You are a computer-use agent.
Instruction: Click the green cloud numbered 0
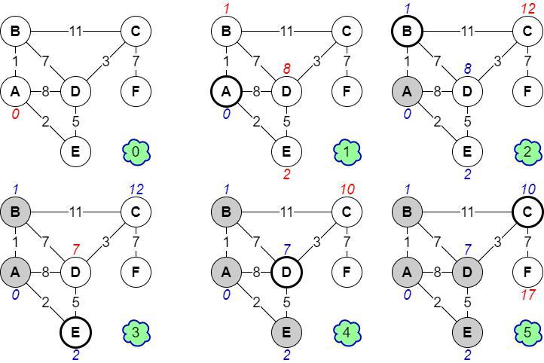tap(136, 152)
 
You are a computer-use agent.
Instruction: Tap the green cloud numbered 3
tap(136, 331)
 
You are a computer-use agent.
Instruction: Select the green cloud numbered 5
tap(527, 331)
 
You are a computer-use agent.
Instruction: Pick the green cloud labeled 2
tap(527, 152)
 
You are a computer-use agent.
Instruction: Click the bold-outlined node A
tap(225, 92)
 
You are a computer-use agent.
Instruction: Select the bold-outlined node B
tap(407, 32)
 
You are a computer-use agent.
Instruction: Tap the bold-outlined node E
tap(75, 331)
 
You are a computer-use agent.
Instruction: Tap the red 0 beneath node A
tap(14, 114)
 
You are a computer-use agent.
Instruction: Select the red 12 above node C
tap(527, 8)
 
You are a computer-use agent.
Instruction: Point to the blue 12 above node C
tap(136, 188)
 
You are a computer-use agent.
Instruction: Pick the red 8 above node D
tap(286, 69)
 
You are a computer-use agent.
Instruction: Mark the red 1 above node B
tap(225, 8)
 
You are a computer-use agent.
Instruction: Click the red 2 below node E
tap(286, 174)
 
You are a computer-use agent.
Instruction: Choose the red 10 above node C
tap(347, 188)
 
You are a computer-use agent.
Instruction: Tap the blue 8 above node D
tap(467, 69)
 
